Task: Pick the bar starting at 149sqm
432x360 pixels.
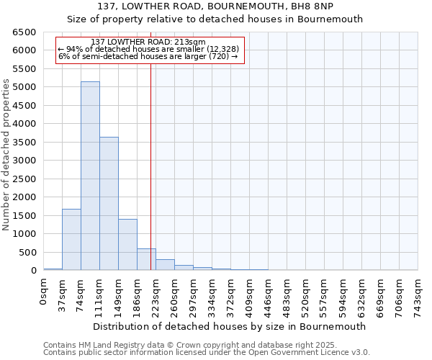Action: pyautogui.click(x=127, y=244)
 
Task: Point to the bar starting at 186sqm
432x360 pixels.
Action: pyautogui.click(x=146, y=259)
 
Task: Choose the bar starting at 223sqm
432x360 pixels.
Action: pyautogui.click(x=165, y=264)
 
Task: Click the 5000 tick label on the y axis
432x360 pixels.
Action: pyautogui.click(x=24, y=87)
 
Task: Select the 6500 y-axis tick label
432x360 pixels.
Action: pyautogui.click(x=24, y=32)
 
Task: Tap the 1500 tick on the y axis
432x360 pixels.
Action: pyautogui.click(x=24, y=215)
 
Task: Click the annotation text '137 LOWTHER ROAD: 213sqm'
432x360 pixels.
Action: pyautogui.click(x=149, y=42)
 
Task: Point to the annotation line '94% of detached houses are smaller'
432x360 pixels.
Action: pyautogui.click(x=148, y=49)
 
